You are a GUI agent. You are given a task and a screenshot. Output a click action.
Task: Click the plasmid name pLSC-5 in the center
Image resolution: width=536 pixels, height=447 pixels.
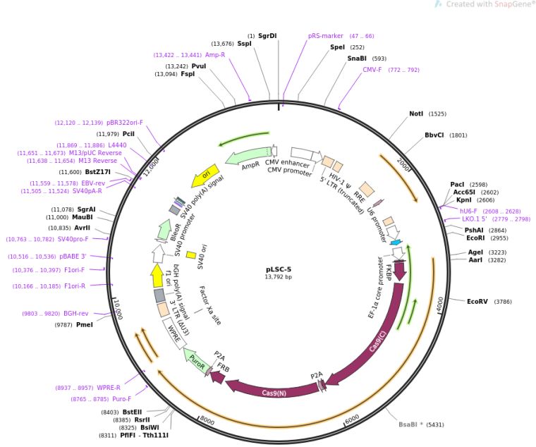(x=278, y=269)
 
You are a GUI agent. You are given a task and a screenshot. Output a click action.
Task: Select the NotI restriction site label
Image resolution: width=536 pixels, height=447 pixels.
(x=417, y=114)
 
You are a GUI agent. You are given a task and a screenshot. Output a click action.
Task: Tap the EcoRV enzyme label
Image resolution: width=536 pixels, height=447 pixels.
(x=477, y=302)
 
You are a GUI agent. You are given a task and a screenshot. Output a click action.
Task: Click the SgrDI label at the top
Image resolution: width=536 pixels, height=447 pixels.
(x=267, y=35)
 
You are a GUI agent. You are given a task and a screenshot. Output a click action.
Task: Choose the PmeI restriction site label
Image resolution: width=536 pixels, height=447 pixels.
(x=84, y=325)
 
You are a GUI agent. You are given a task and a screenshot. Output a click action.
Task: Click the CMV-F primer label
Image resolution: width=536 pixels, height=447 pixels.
(x=372, y=70)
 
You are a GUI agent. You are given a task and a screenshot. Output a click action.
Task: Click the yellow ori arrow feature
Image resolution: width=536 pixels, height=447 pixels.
(x=201, y=173)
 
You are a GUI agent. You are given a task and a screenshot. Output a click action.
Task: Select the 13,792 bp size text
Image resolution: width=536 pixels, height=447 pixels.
(x=278, y=277)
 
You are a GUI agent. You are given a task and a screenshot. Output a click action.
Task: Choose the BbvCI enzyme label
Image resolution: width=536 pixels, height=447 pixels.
(x=436, y=135)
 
